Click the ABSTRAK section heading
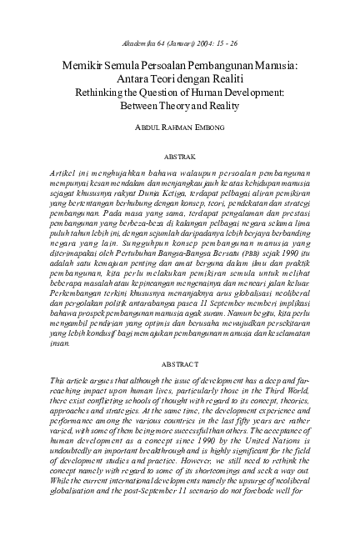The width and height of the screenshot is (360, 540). (181, 156)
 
